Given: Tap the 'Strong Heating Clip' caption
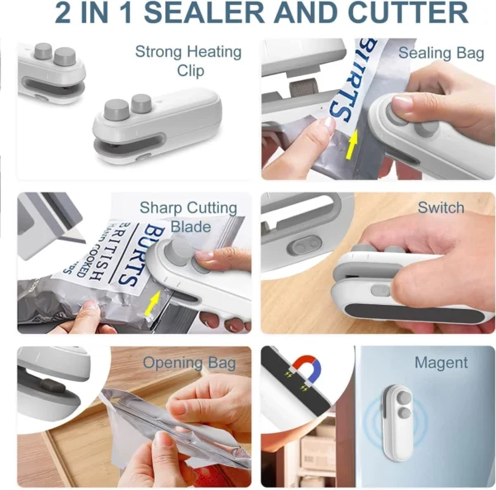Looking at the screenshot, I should (189, 61).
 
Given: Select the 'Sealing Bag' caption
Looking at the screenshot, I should (441, 53).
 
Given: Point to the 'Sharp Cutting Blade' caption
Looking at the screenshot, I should (188, 216).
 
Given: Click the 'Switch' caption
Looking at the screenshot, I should (441, 207).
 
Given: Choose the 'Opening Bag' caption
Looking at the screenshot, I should (184, 363).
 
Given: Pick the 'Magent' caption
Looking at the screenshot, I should (441, 363).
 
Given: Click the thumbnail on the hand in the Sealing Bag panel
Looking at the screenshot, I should (403, 102).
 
